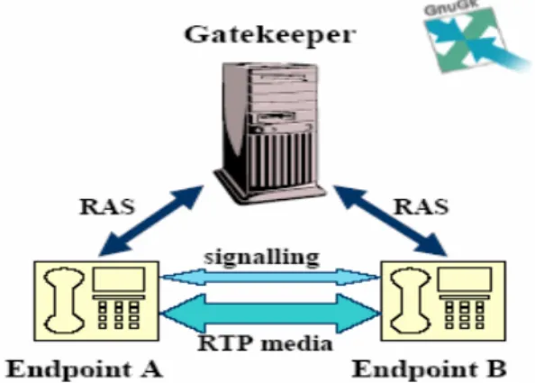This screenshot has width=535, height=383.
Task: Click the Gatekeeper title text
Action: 270,35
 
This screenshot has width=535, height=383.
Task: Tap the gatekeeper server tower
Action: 269,133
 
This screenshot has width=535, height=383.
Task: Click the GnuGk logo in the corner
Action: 476,37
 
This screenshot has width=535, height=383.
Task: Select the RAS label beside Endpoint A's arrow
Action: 107,206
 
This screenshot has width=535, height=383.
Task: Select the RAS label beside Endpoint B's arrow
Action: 421,206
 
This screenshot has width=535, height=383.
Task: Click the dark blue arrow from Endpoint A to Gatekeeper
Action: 151,221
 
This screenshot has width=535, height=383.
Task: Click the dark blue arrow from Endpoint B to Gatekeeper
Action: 390,221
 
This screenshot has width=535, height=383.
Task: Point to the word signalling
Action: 261,258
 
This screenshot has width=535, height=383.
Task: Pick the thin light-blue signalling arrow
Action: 270,277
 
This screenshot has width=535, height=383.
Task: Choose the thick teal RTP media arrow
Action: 270,313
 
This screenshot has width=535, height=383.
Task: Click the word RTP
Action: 224,343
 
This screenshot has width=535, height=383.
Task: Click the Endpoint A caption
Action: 85,369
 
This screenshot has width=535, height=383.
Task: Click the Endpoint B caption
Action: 429,369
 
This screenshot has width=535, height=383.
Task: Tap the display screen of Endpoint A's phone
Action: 119,279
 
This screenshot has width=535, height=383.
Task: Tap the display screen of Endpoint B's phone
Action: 465,279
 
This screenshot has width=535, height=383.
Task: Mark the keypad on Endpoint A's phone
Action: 118,315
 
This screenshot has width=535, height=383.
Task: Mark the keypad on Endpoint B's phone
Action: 465,315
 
